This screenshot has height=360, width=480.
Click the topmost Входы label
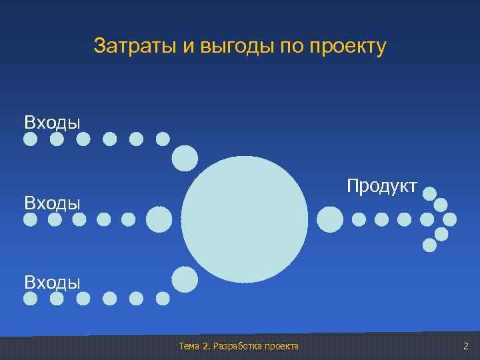(x=52, y=122)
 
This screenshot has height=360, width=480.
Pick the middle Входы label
(x=52, y=202)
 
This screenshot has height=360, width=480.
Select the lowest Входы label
(x=52, y=281)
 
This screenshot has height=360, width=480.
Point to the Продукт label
(x=381, y=186)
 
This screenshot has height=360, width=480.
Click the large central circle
(x=245, y=219)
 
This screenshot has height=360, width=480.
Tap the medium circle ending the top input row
(x=185, y=158)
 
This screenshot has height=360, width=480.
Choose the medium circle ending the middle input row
(x=159, y=219)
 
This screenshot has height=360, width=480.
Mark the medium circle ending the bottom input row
(x=185, y=279)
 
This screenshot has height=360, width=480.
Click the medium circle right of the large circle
(x=330, y=219)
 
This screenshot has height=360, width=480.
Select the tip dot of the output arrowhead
(x=450, y=219)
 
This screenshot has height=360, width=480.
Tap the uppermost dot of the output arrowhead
(x=430, y=193)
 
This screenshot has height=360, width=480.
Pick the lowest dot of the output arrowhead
(x=430, y=245)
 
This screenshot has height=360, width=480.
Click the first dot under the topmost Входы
(x=31, y=139)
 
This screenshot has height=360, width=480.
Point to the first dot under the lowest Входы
(x=31, y=299)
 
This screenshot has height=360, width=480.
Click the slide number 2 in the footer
(x=466, y=346)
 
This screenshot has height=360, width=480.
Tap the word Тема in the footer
(x=191, y=346)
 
